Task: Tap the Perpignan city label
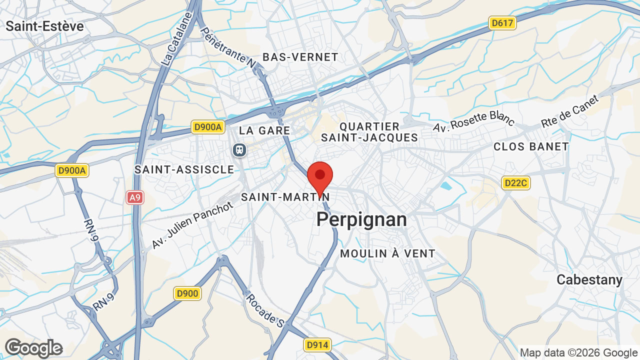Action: coord(361,219)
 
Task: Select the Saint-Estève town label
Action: coord(45,26)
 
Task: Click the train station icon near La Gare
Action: coord(240,149)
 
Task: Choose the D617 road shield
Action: coord(502,23)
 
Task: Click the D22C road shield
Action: coord(515,183)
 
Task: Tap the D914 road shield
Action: coord(317,345)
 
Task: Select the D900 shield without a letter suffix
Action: coord(187,293)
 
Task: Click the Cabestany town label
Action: coord(589,280)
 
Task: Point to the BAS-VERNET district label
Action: coord(300,57)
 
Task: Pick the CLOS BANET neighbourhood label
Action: coord(531,146)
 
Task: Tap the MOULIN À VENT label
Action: coord(387,253)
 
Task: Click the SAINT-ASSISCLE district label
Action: coord(184,169)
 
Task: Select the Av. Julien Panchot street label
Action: coord(192,225)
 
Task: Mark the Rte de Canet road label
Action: coord(576,111)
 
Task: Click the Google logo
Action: coord(33,348)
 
